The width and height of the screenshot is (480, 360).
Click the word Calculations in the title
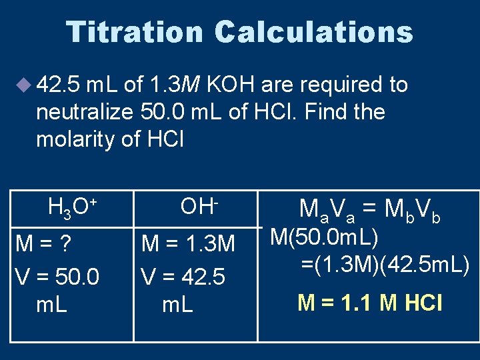314,32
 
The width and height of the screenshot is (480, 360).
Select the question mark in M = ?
66,243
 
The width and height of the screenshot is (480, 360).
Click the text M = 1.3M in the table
189,245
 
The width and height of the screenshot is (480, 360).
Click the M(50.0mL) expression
324,237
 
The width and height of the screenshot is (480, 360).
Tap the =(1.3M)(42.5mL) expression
385,265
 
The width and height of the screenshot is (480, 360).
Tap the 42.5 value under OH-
203,275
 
